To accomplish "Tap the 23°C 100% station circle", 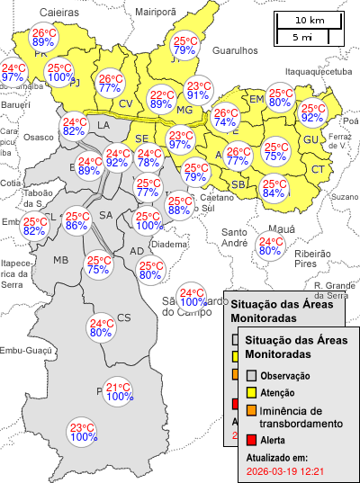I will point(83,432).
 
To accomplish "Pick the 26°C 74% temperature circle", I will point(225,118).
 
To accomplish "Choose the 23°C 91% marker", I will point(198,91).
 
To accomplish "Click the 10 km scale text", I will point(309,20).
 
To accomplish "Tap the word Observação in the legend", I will point(285,375).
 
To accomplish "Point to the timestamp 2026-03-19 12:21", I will point(284,470).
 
